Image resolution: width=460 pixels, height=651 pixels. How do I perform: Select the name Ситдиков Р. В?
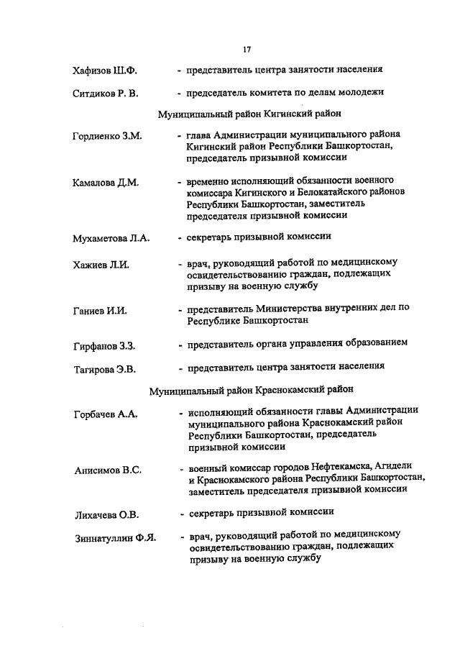tap(108, 94)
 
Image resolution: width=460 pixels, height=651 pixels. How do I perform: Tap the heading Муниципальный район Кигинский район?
tap(249, 114)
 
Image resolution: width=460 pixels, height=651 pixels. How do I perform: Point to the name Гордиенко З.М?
tap(107, 136)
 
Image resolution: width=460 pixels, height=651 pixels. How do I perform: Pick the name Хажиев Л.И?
tap(101, 265)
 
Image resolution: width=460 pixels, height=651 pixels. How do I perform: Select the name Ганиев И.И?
tap(100, 311)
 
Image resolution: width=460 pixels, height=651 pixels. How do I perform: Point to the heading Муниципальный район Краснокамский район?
tap(252, 390)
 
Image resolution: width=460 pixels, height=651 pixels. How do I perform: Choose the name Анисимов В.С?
tap(107, 470)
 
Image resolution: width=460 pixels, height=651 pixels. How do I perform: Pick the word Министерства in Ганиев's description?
tap(284, 307)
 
